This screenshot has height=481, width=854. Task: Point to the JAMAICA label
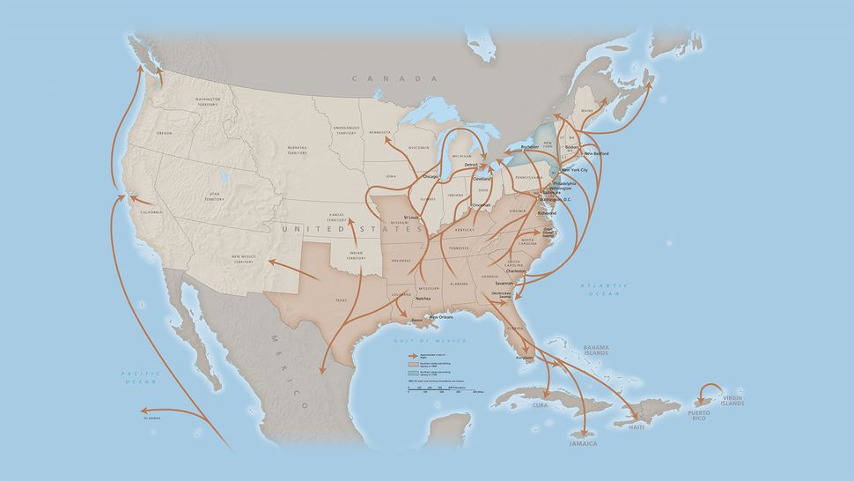point(582,443)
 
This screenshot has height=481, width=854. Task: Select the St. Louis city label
point(411,217)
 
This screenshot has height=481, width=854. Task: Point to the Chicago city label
point(431,176)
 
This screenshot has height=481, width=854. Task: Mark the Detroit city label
point(471,165)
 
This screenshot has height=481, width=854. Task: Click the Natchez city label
point(423,299)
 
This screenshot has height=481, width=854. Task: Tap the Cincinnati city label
point(481,205)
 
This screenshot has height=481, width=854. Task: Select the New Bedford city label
point(596,153)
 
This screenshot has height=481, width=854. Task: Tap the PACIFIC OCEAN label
point(139,378)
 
